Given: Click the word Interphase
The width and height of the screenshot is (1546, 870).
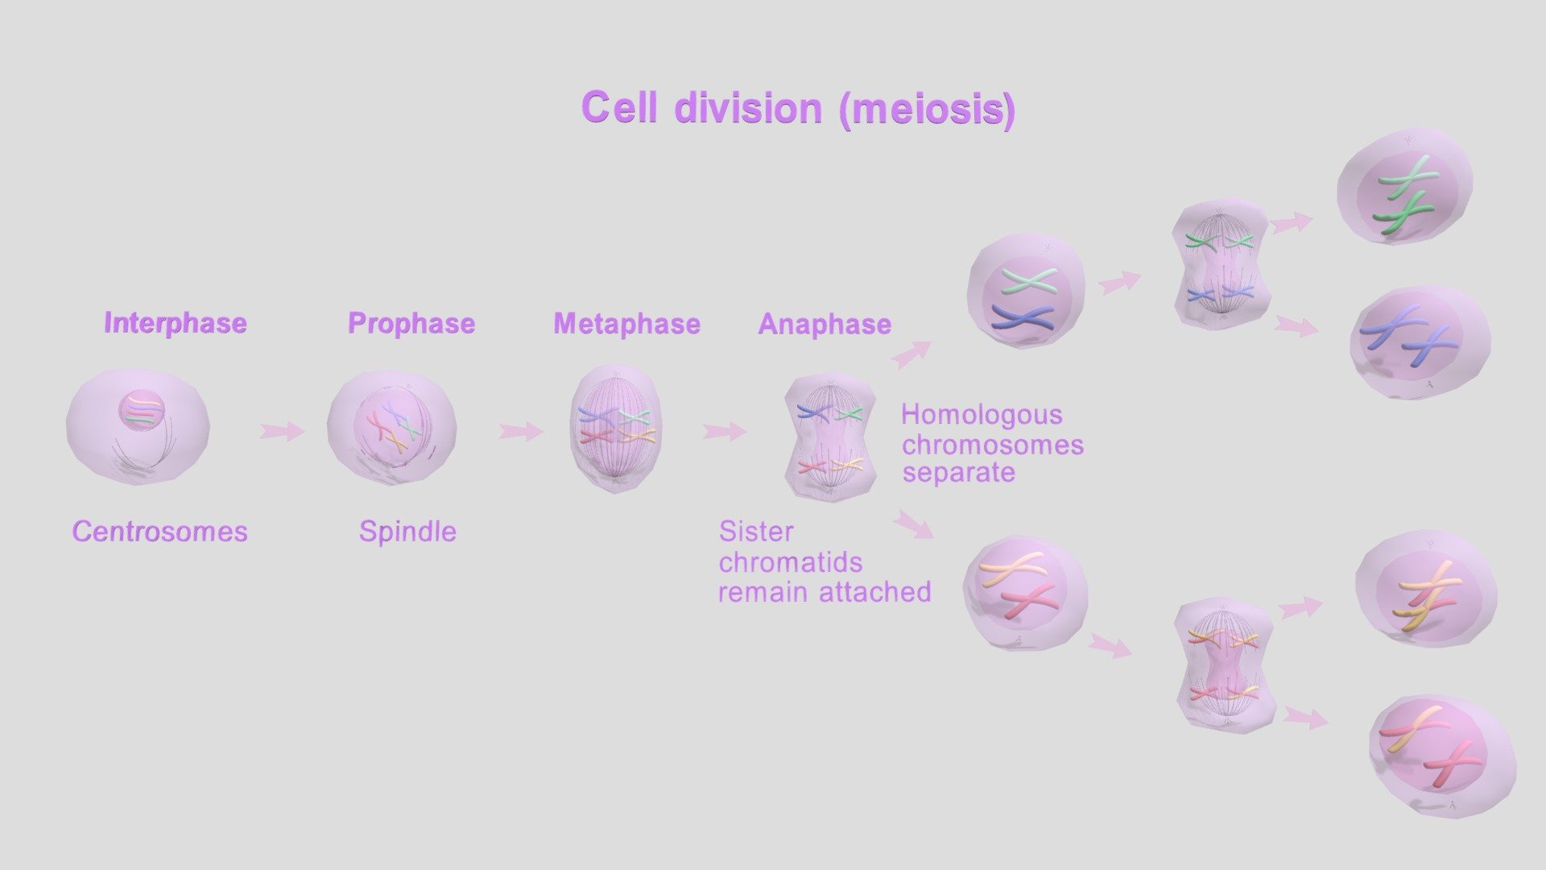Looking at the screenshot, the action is [176, 323].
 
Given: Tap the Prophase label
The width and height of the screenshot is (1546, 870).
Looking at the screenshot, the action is [411, 324].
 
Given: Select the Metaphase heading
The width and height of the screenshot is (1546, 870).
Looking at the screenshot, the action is [627, 324].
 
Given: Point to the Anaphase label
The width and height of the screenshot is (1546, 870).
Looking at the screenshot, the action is [825, 324].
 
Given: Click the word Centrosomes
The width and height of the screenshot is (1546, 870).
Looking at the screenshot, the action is [159, 532].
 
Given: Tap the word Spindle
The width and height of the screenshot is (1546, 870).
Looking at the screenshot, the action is [407, 532].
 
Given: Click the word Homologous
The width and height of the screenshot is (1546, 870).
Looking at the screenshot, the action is [982, 415].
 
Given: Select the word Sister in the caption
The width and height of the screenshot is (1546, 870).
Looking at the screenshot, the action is [756, 532].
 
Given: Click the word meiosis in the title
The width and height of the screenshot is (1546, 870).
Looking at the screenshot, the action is [927, 108].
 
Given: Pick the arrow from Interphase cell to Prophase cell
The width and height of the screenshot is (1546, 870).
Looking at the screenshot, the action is [282, 431].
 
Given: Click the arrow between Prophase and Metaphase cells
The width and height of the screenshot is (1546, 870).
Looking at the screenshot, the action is [520, 432].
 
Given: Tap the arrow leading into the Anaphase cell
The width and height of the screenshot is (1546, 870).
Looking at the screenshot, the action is [724, 432].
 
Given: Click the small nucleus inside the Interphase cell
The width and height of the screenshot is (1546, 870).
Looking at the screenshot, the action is [142, 410].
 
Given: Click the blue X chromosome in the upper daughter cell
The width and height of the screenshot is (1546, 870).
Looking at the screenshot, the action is [1023, 317].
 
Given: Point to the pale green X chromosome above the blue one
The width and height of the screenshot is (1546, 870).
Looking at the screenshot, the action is [1028, 281].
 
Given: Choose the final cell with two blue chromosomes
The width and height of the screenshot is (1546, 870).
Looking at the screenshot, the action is [1420, 342].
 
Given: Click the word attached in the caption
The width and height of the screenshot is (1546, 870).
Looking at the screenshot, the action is [875, 592].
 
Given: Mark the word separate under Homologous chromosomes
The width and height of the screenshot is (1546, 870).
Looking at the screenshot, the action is [958, 473].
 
